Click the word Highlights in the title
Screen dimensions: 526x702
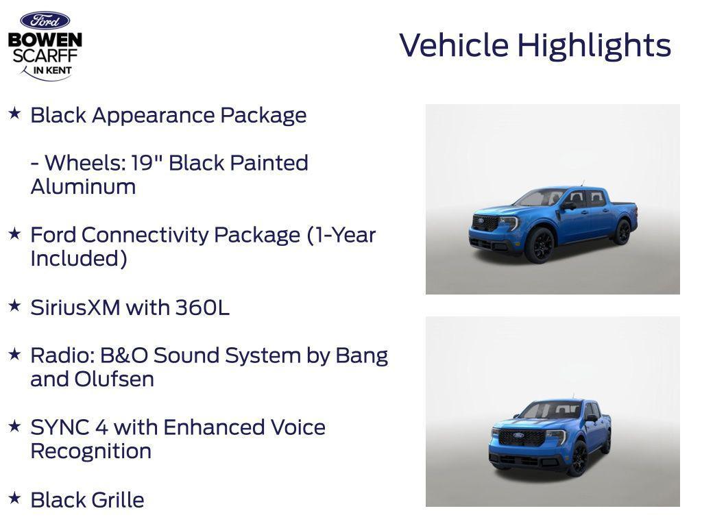click(594, 46)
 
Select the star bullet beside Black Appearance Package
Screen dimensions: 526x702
click(14, 113)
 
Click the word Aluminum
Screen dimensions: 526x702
click(83, 187)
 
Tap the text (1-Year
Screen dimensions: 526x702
click(341, 235)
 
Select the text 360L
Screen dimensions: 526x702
click(202, 308)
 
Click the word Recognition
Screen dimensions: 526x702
click(90, 451)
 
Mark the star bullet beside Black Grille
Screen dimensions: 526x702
click(14, 498)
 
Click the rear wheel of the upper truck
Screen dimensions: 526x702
click(622, 231)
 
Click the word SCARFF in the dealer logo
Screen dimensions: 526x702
click(45, 55)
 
